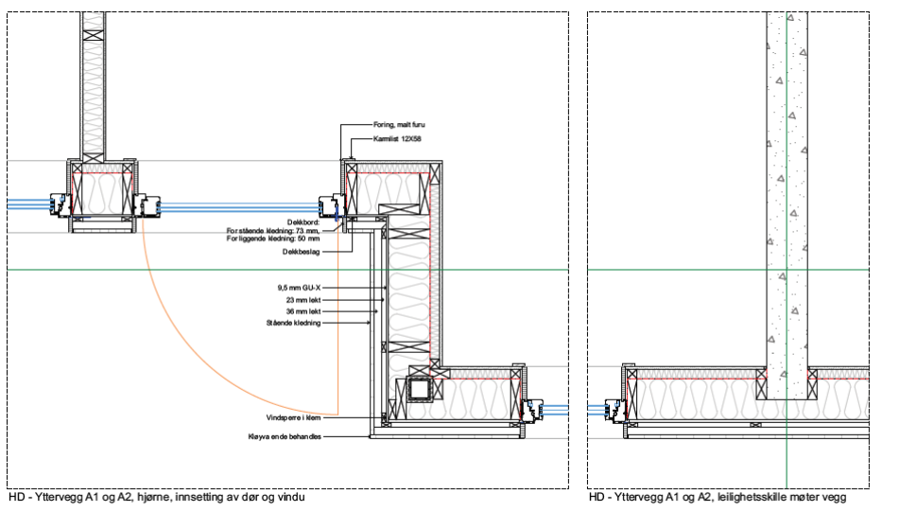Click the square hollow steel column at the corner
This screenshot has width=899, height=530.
pyautogui.click(x=418, y=390)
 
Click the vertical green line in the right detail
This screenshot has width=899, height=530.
pyautogui.click(x=787, y=189)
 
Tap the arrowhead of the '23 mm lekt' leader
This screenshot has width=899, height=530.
pyautogui.click(x=380, y=300)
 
